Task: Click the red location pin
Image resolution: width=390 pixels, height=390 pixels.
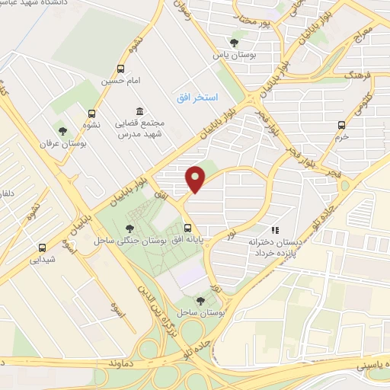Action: (197, 180)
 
